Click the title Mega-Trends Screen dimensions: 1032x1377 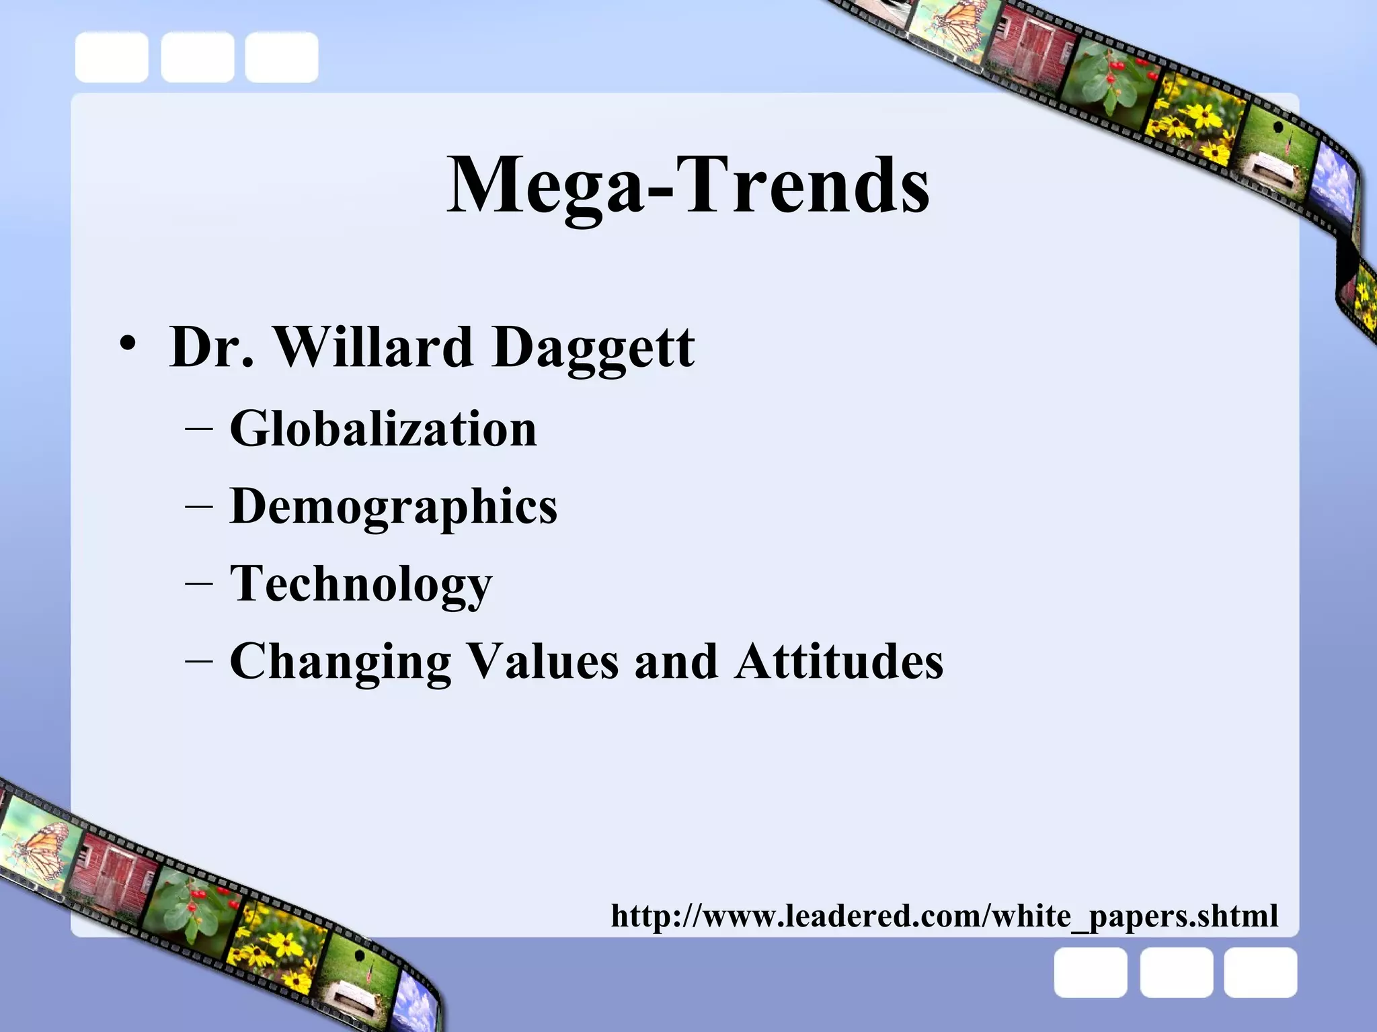[688, 185]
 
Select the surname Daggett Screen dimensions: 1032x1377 [593, 348]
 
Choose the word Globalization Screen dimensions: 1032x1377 [383, 429]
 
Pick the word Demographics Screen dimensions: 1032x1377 [393, 507]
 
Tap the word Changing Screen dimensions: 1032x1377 [340, 662]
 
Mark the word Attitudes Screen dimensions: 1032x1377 [838, 661]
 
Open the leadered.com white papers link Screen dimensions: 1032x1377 [944, 916]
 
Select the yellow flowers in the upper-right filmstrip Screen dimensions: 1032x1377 [1197, 128]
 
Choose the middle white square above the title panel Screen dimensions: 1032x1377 [197, 57]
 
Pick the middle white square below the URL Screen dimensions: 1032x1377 [1176, 972]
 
